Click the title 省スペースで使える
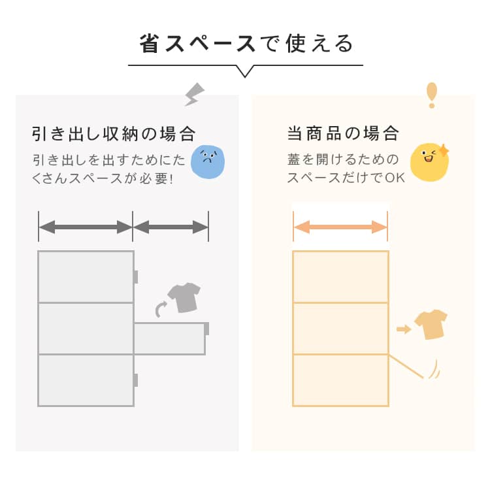[246, 43]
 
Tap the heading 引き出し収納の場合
[114, 135]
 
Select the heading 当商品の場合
[343, 135]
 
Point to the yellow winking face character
[429, 161]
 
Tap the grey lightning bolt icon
[194, 94]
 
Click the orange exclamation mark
[431, 95]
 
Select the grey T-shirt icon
[184, 297]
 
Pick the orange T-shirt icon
[431, 324]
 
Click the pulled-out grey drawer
[170, 338]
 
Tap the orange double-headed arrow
[340, 227]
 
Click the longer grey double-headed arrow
[86, 227]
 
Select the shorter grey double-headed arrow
[171, 227]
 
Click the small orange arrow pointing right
[404, 329]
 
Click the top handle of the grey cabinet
[135, 277]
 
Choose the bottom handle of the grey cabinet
[135, 380]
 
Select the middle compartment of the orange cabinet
[340, 328]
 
